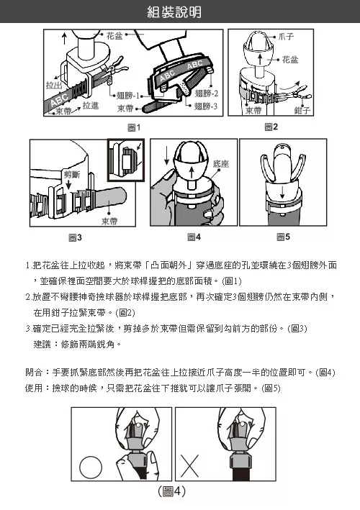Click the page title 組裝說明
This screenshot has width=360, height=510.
pos(174,12)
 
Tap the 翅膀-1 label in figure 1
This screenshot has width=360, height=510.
pos(128,96)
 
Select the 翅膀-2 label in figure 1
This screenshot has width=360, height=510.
pos(207,94)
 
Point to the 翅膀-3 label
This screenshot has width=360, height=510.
pos(206,106)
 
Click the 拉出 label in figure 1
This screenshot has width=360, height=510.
pos(54,85)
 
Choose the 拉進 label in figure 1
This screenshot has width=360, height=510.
pos(91,106)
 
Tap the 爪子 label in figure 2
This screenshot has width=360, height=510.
pos(286,37)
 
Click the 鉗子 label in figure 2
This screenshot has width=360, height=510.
pos(302,111)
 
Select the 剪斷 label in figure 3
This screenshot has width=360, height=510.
pos(72,174)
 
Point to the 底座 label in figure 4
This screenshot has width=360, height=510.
pos(221,163)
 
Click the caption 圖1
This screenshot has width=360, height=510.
pos(134,127)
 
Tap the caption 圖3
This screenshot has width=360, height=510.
pos(75,238)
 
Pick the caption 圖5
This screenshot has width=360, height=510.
pos(283,237)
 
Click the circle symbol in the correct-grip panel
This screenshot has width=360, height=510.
pos(91,467)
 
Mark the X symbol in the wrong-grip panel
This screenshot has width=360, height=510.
pos(189,466)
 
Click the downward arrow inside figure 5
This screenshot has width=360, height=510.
pos(282,191)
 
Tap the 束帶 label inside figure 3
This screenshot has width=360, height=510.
pos(109,221)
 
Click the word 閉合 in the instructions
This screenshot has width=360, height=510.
pos(34,372)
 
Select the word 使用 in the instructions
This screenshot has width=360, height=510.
pos(34,388)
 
